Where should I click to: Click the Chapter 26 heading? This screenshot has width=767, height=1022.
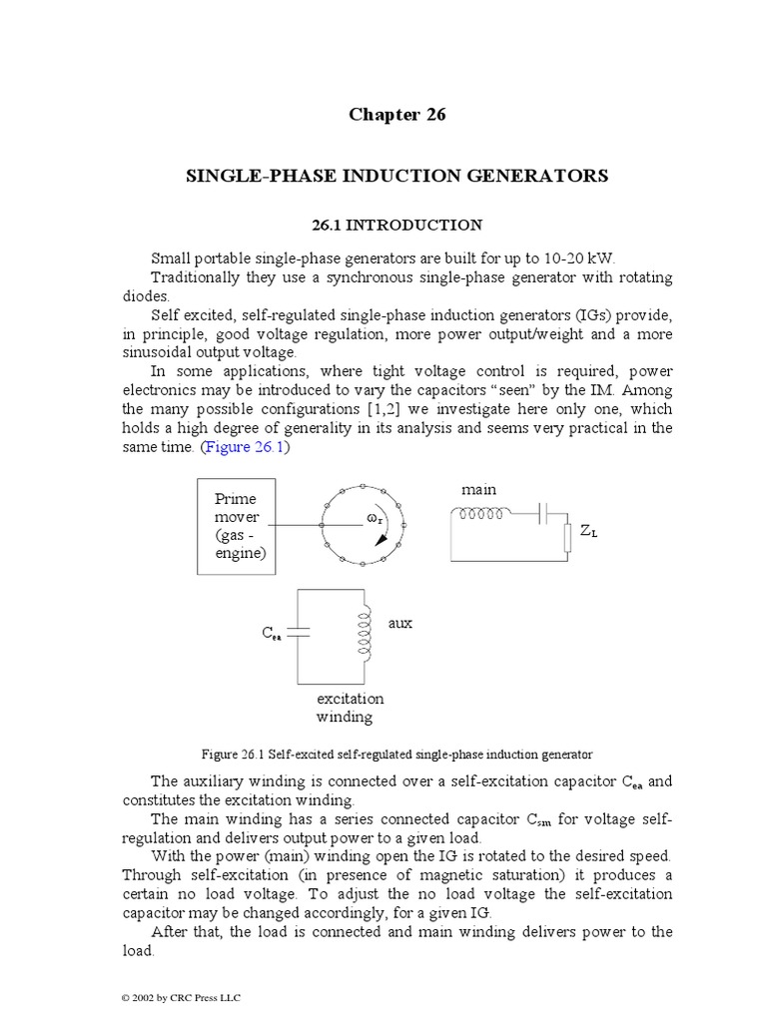(x=396, y=115)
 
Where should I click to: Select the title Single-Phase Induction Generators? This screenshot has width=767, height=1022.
(x=396, y=176)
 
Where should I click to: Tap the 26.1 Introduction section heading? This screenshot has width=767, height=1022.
(x=396, y=226)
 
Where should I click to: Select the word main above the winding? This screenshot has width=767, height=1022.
(x=478, y=489)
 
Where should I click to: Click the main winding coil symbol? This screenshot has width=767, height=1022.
(x=481, y=515)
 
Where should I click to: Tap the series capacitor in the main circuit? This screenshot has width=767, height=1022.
(x=542, y=515)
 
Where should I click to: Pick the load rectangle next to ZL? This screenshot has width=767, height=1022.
(x=566, y=533)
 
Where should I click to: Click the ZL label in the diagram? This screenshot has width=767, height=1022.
(x=589, y=533)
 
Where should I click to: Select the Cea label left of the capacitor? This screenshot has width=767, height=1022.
(x=272, y=634)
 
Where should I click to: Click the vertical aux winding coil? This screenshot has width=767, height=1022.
(x=367, y=631)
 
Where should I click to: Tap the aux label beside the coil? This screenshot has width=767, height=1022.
(x=399, y=623)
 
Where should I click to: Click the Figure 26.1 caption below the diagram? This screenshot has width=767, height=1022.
(x=396, y=753)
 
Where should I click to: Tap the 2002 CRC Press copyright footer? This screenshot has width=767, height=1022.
(x=180, y=997)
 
